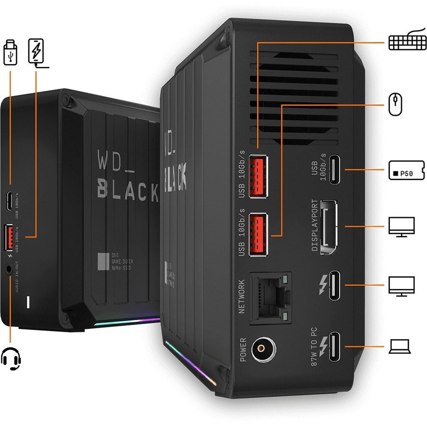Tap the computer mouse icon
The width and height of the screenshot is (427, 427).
coord(395,104)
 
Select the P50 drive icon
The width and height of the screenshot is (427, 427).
coord(406,173)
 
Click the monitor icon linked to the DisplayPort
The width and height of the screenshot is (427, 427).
coord(401,227)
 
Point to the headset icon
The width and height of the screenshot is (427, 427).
coord(11,358)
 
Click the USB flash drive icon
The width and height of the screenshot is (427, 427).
coord(10,53)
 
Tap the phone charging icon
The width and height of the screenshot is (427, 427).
coord(36,52)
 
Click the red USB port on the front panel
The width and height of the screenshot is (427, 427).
coord(9,237)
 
